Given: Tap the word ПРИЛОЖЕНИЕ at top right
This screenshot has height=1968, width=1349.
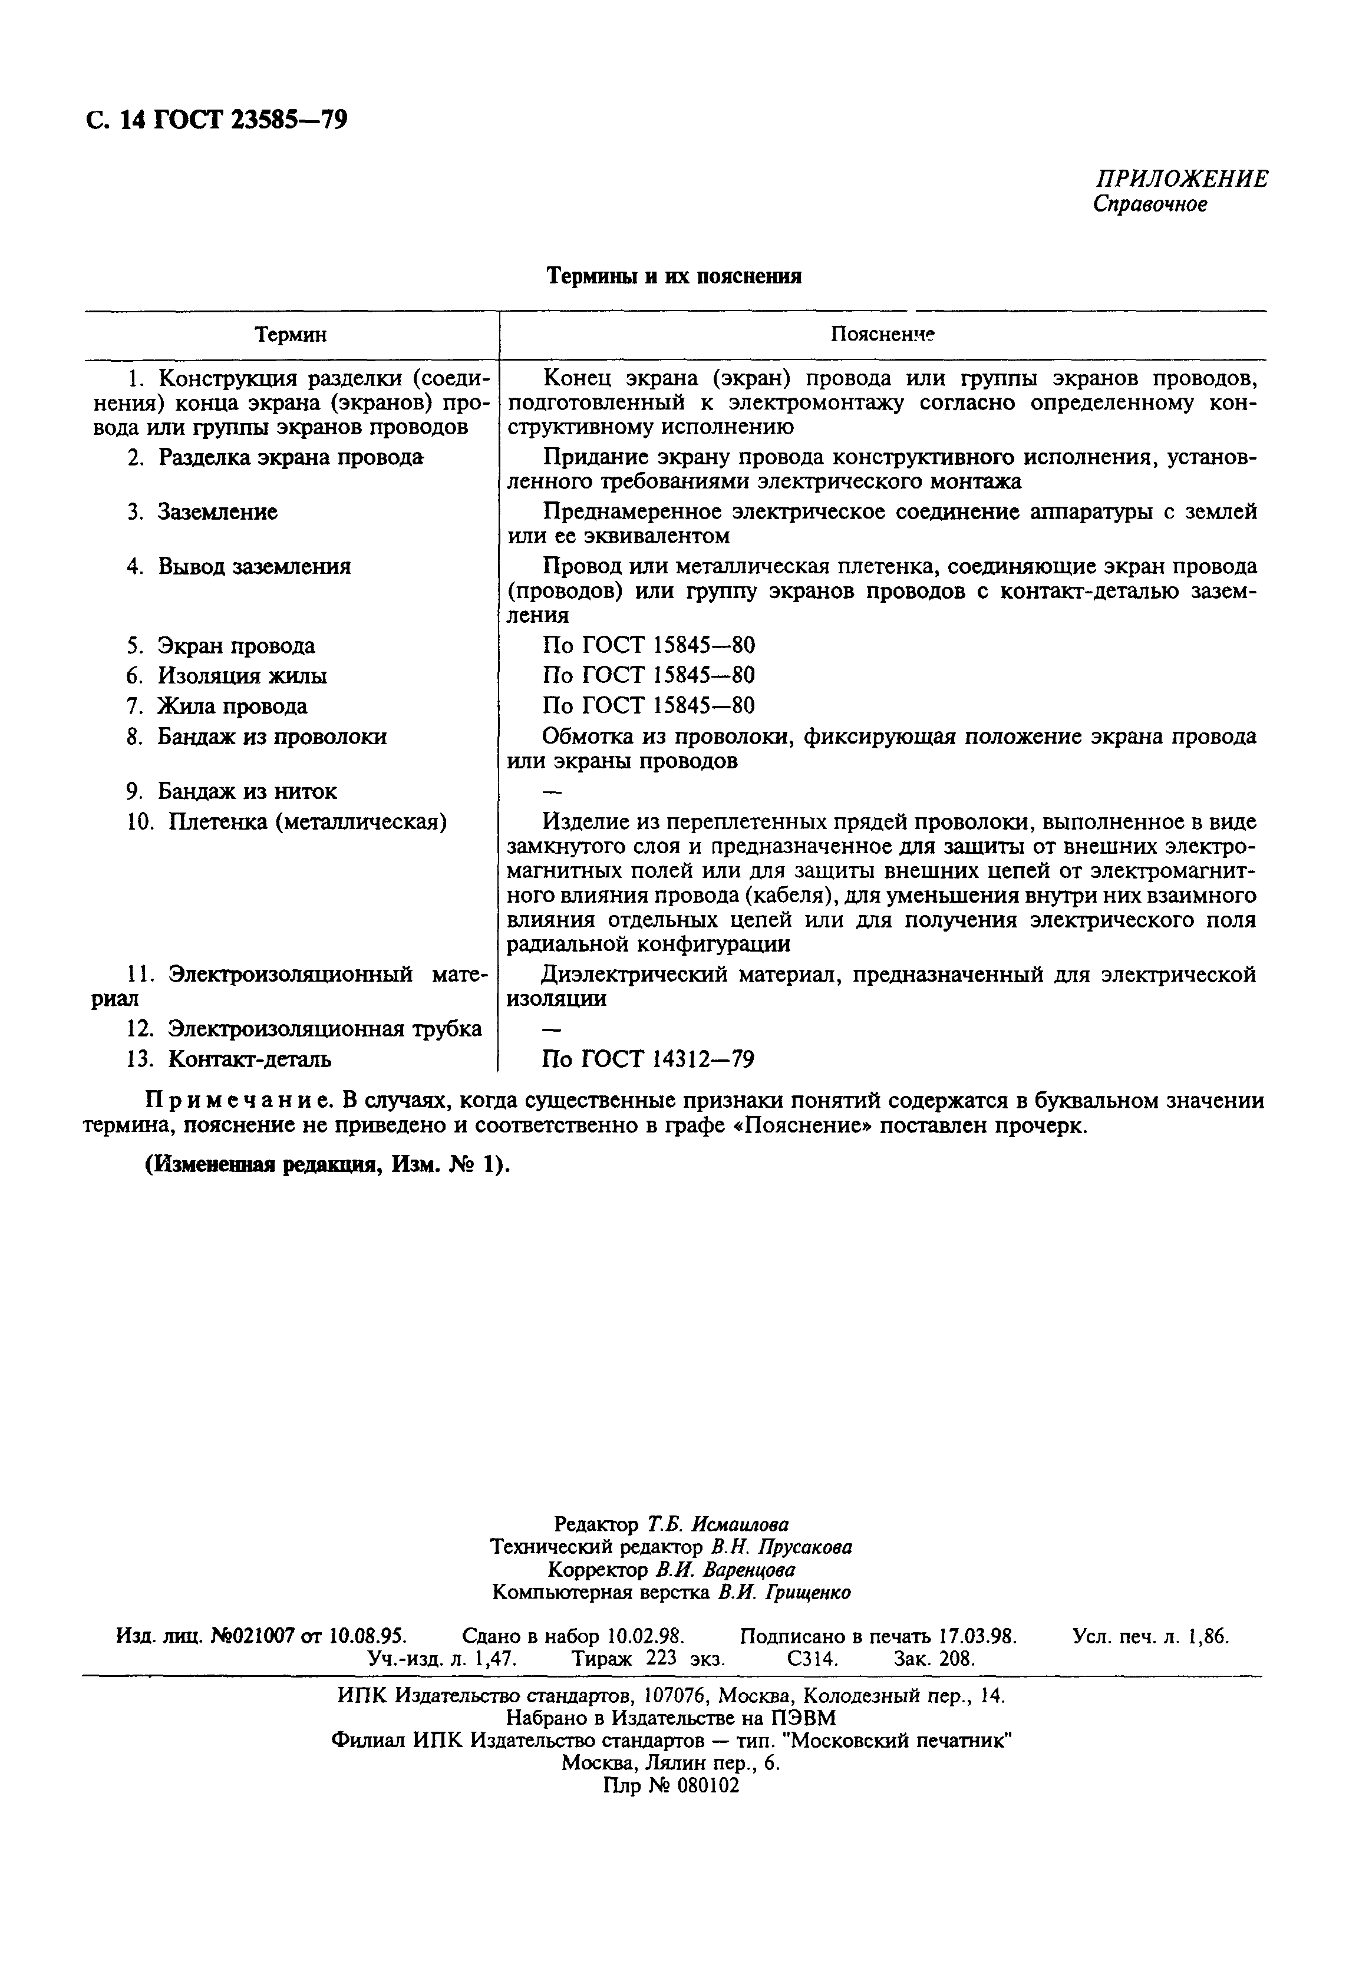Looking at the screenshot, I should point(1182,179).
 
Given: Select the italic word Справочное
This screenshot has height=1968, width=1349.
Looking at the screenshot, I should point(1149,204).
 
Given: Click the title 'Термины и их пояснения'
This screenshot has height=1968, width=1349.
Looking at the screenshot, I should point(674,276).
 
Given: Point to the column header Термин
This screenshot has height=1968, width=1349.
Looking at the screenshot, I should point(291,335).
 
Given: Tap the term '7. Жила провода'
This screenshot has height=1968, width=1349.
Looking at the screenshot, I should point(217,706).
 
